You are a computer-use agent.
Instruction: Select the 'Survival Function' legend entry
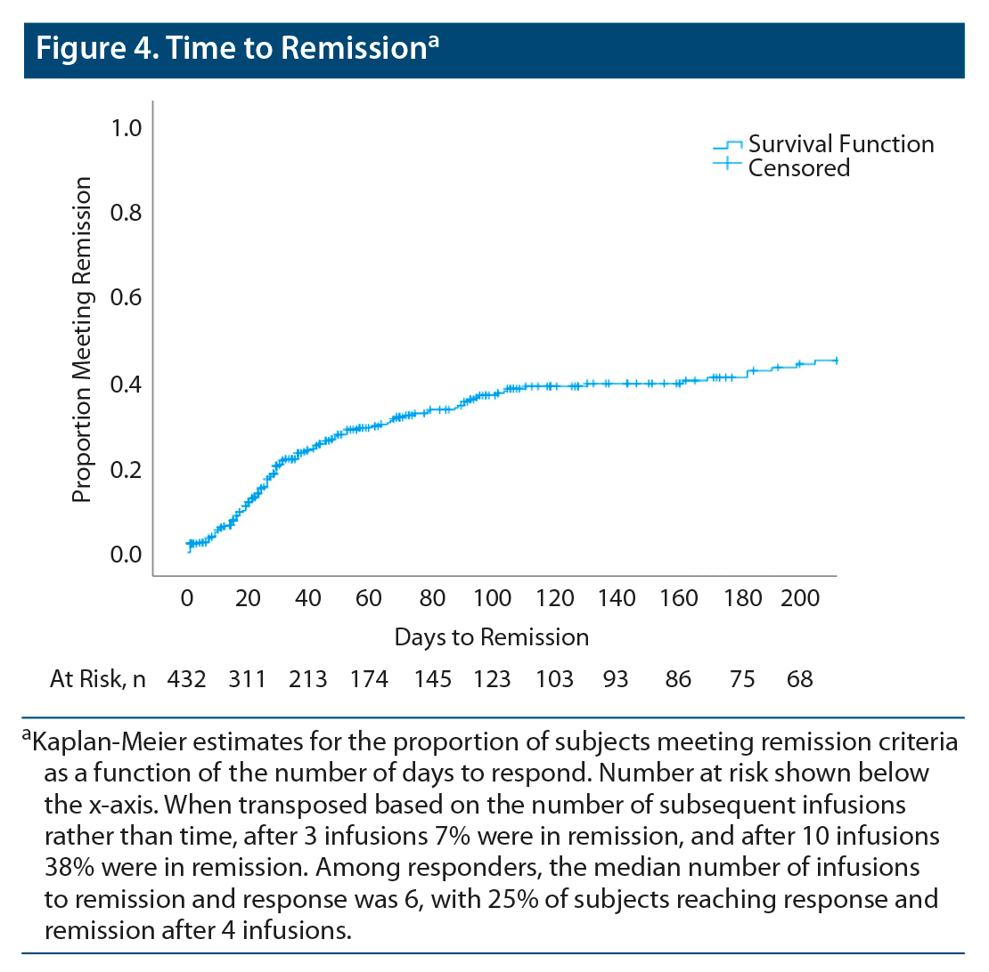[x=840, y=144]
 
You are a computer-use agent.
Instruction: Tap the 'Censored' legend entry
[x=798, y=167]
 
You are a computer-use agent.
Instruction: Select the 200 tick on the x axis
[x=799, y=598]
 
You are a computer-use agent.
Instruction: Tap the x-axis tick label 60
[x=368, y=598]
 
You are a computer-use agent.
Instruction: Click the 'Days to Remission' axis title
[x=491, y=637]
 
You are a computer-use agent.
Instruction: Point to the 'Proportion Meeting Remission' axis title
[x=82, y=340]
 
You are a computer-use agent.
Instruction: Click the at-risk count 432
[x=187, y=680]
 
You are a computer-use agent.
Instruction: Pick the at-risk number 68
[x=799, y=680]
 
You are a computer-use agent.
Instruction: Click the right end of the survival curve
[x=836, y=360]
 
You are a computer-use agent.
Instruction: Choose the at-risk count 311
[x=247, y=680]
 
